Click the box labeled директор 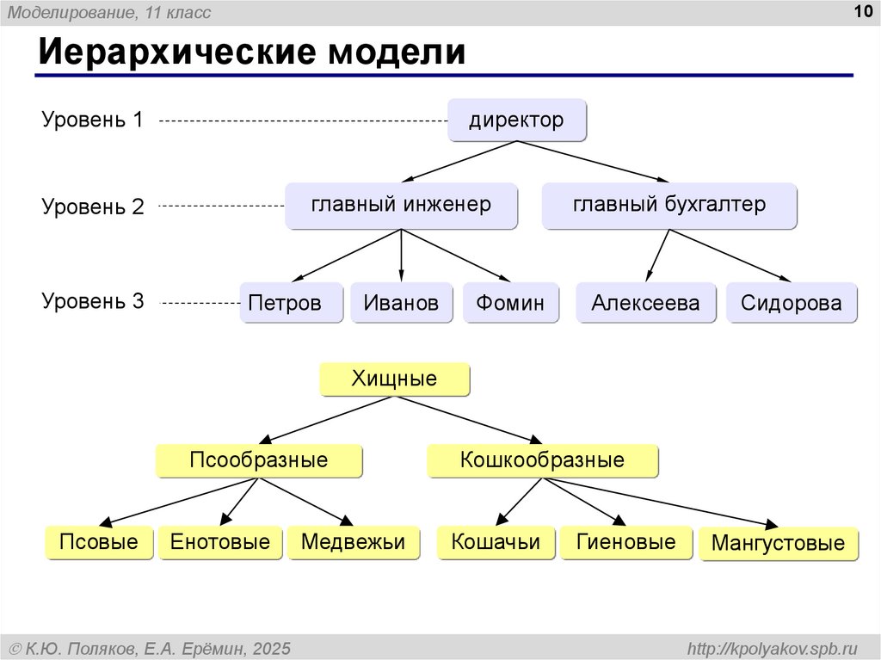point(517,120)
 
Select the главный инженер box point(401,205)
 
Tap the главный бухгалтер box point(669,205)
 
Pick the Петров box point(291,302)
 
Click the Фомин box point(511,302)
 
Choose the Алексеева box point(646,302)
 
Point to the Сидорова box point(792,302)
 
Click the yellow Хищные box point(394,379)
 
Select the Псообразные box point(259,461)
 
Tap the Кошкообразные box point(542,461)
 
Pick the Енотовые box point(220,542)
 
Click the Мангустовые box point(779,544)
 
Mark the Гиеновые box point(626,542)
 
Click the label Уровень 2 point(93,207)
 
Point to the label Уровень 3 point(93,301)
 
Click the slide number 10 point(863,11)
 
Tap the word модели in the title point(397,52)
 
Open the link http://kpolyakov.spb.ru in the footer point(773,649)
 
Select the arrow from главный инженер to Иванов point(401,256)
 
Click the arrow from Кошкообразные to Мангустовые point(660,503)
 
